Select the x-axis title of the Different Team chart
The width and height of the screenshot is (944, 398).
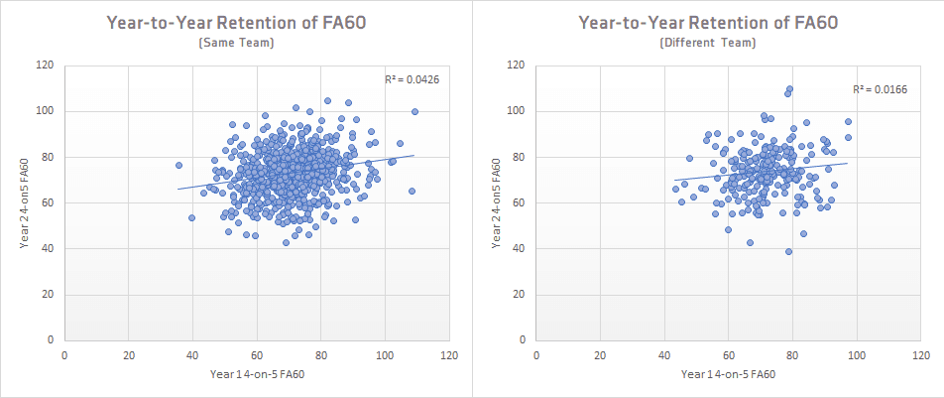pos(729,374)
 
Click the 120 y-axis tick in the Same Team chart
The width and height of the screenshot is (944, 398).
pos(45,66)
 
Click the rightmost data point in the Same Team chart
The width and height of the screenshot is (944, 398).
pos(414,111)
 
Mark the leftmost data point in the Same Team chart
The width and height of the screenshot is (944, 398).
pos(178,165)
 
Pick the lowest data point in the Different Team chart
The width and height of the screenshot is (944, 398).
pos(788,251)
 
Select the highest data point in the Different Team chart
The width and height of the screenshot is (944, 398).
pos(790,88)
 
